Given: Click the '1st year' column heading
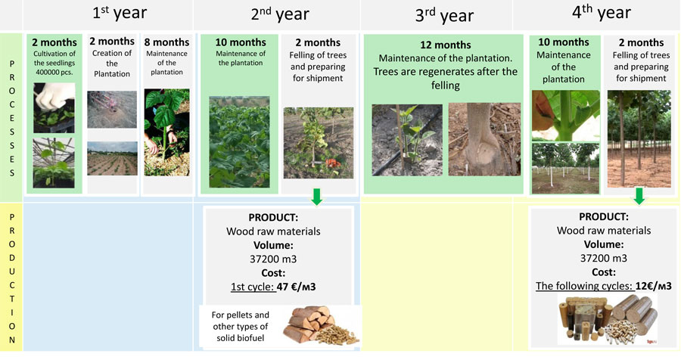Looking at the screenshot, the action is tap(120, 13).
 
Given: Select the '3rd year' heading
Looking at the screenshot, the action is tap(444, 16).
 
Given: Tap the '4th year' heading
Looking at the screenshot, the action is tap(602, 13).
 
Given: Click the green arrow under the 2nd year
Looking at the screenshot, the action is tap(317, 197).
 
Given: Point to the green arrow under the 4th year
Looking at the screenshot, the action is tap(639, 196).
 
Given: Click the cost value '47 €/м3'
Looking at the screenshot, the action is tap(296, 287).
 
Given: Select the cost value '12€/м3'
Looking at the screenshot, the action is tap(654, 286).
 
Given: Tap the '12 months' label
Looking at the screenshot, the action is tap(446, 45).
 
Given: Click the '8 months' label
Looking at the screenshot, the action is tap(166, 42).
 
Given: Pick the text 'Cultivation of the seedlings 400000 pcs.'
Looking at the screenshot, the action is tap(54, 63).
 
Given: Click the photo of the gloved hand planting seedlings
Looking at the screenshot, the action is tap(54, 108).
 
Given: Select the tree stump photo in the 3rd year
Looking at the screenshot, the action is tap(484, 139).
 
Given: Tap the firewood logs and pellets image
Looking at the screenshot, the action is tap(321, 325).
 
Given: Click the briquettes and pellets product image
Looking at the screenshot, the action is tap(607, 318).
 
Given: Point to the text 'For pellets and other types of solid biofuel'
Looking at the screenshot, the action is tap(240, 327).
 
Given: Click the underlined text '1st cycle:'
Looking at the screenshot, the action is tap(253, 287).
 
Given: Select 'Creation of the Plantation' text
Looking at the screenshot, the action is tap(112, 64).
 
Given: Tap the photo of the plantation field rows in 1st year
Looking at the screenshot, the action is tap(112, 159).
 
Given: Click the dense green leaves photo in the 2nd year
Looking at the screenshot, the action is tap(239, 142).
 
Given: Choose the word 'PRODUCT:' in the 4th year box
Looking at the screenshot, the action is tap(604, 217).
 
